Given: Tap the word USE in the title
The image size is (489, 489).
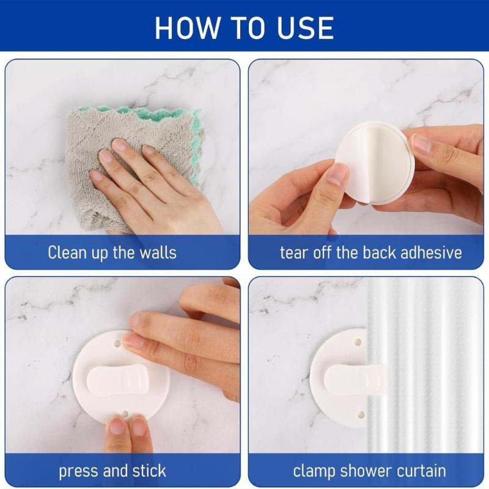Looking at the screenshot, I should [x=304, y=28].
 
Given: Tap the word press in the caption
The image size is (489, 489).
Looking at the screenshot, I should [x=78, y=471].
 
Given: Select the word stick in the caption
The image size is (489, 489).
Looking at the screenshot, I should [x=148, y=471].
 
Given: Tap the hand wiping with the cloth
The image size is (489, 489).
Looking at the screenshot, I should [x=153, y=183].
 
